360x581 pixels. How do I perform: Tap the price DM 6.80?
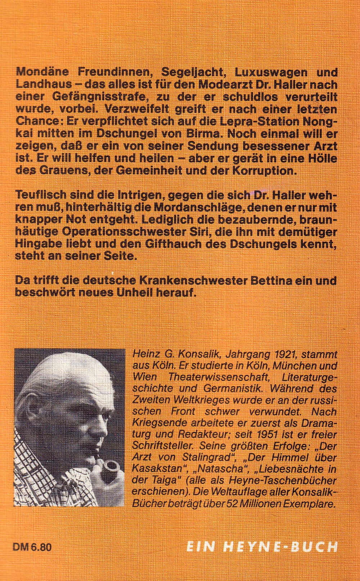[32, 548]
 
